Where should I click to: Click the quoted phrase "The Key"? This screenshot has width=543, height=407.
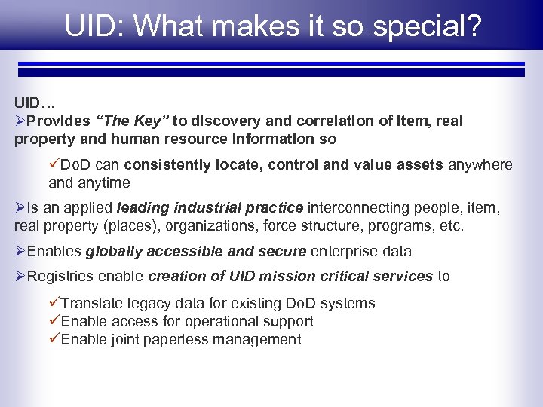pyautogui.click(x=133, y=121)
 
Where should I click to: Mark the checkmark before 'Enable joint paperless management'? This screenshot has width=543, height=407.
pyautogui.click(x=54, y=340)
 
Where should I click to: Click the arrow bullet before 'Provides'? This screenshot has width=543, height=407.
pyautogui.click(x=20, y=121)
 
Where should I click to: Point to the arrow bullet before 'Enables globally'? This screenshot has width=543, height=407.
pyautogui.click(x=20, y=252)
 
